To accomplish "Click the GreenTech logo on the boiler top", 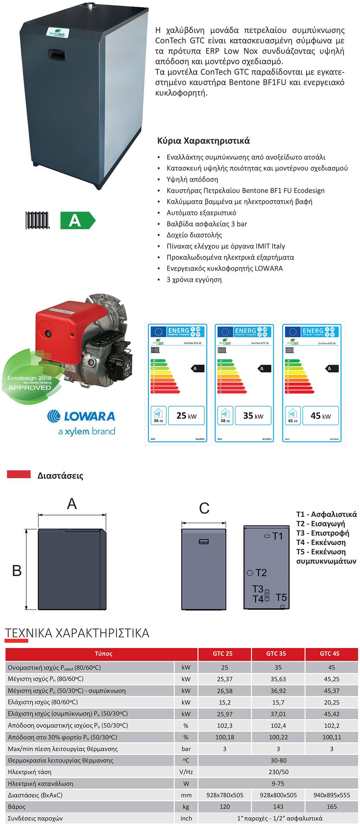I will (x=57, y=33).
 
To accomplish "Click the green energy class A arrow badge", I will (x=77, y=220).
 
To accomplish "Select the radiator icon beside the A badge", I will (x=38, y=220).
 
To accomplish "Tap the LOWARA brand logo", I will (x=81, y=416).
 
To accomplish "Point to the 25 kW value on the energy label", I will (x=186, y=416).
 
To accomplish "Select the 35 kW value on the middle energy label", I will (x=253, y=416).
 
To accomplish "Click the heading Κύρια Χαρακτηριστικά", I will (x=203, y=141).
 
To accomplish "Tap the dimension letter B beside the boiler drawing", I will (x=17, y=570).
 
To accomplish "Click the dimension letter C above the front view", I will (x=204, y=508).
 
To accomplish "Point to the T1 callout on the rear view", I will (x=277, y=536).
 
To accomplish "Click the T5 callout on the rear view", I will (x=281, y=597).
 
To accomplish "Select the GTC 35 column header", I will (x=276, y=654).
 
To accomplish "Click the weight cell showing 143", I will (x=278, y=807).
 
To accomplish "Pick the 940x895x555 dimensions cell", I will (x=332, y=795).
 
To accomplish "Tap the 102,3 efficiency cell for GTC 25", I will (x=225, y=726).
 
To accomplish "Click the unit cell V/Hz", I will (x=186, y=772).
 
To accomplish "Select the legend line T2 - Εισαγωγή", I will (x=320, y=524).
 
